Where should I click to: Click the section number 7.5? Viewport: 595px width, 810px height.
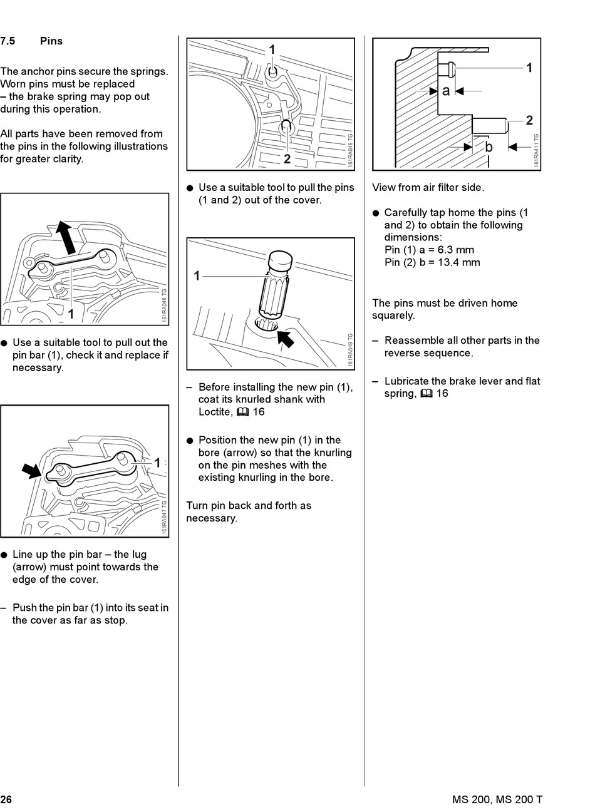click(8, 41)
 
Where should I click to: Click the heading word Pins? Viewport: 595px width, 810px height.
click(51, 41)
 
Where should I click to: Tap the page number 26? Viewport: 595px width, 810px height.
click(6, 799)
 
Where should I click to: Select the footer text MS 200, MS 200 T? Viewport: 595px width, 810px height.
click(497, 799)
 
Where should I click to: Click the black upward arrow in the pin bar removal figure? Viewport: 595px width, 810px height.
click(65, 237)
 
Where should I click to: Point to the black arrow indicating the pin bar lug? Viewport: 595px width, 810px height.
click(31, 470)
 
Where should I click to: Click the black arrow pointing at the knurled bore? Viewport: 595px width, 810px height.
click(285, 339)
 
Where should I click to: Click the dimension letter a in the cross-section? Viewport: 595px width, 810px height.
click(446, 91)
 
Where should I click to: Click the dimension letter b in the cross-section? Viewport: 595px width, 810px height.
click(489, 147)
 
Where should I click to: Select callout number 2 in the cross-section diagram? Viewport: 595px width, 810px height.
click(529, 120)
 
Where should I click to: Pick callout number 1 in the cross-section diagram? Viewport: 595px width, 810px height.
click(529, 68)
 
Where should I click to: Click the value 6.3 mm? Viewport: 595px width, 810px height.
click(455, 250)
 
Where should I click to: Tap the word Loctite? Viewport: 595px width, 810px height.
click(215, 412)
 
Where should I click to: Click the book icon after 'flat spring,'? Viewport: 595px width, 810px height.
click(427, 394)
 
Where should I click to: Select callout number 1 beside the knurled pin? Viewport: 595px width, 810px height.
click(197, 275)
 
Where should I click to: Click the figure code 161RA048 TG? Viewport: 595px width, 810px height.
click(350, 149)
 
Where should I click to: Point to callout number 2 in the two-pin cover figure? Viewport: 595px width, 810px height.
click(287, 159)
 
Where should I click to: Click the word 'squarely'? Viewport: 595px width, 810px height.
click(393, 315)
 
